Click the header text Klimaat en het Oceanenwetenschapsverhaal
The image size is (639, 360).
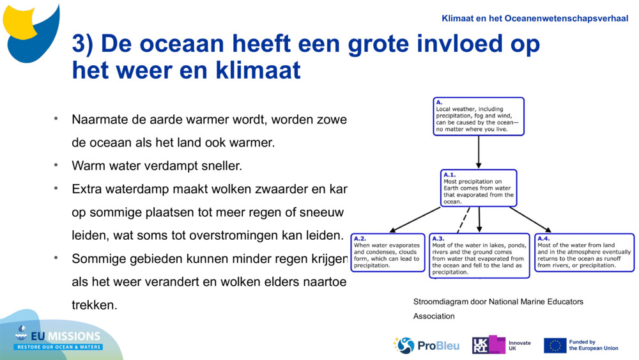pos(534,19)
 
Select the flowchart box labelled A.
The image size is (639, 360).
pos(478,116)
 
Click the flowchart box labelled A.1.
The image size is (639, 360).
pos(479,188)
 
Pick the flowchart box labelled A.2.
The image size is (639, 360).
pos(387,253)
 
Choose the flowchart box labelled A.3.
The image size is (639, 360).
pos(479,256)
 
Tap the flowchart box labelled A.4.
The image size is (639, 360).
pos(584,253)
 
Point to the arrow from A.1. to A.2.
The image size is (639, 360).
pos(415,219)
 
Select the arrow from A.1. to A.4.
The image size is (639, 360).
pos(530,219)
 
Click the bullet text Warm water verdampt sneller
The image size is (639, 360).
pos(157,166)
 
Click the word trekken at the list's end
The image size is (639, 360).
pos(95,305)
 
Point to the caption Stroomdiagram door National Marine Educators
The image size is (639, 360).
pos(498,302)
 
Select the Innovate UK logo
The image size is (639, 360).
pos(501,345)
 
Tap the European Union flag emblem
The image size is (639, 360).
pos(555,345)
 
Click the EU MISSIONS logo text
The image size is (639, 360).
pos(67,336)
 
